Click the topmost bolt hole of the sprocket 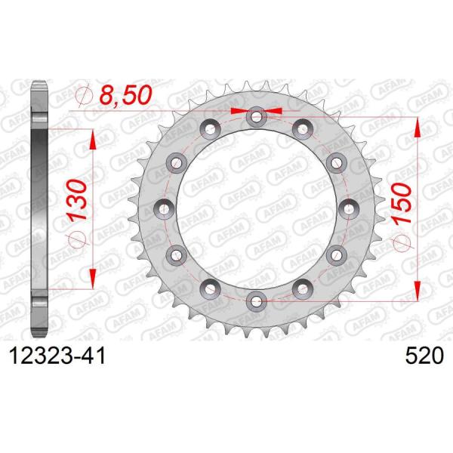pyautogui.click(x=257, y=116)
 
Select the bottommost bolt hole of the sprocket pyautogui.click(x=257, y=300)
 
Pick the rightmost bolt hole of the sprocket pyautogui.click(x=349, y=208)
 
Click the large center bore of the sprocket pyautogui.click(x=257, y=208)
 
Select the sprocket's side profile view pyautogui.click(x=39, y=208)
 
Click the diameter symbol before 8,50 pyautogui.click(x=85, y=96)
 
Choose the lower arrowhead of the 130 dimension pyautogui.click(x=91, y=275)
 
